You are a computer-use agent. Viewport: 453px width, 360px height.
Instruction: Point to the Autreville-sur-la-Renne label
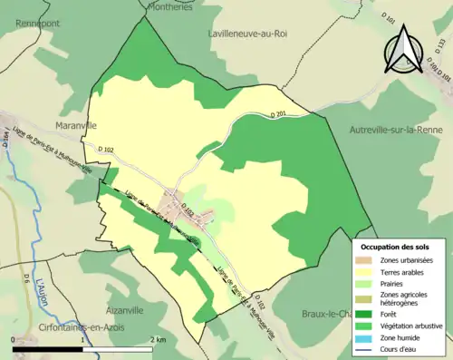click(x=400, y=130)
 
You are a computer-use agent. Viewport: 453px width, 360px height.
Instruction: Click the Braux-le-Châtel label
click(x=326, y=314)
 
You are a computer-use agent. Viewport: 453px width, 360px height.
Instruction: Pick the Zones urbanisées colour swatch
click(x=367, y=260)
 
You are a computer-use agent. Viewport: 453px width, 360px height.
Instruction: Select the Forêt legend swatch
click(x=367, y=316)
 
